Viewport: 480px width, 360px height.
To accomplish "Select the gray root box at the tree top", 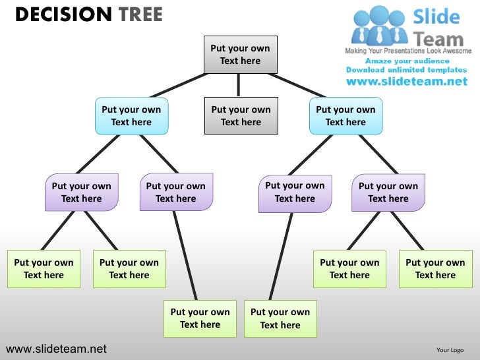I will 240,55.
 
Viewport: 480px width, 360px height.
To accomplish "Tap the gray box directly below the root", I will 241,116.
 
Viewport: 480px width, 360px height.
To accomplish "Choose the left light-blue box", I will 131,116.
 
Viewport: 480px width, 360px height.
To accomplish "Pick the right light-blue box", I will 345,116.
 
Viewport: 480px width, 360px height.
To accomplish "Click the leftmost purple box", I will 82,193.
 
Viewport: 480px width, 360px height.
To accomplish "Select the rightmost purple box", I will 388,193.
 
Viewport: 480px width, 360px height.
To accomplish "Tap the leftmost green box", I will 44,269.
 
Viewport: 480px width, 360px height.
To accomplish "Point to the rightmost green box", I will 435,269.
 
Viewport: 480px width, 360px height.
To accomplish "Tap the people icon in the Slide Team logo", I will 378,26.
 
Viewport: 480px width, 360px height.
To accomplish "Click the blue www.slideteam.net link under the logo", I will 406,82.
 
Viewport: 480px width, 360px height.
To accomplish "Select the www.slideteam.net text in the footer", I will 56,349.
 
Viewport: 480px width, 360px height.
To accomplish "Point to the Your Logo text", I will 450,350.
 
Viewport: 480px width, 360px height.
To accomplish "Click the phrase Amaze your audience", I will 406,61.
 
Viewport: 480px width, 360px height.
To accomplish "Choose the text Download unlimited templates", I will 406,70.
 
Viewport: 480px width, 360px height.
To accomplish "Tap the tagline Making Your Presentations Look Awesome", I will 408,51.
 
